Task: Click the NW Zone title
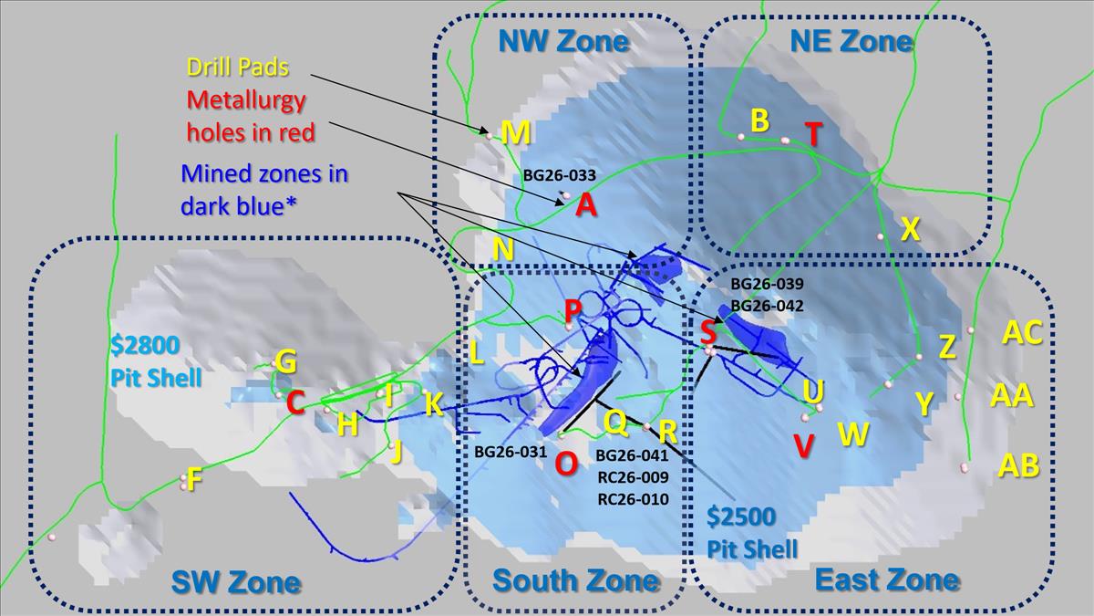563,41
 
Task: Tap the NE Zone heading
851,41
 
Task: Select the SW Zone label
236,582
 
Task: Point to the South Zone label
576,580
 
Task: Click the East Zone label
887,580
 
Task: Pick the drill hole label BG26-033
560,175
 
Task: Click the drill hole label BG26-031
511,452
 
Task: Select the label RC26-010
633,499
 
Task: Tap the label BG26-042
767,306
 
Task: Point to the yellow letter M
516,132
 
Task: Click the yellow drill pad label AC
1022,333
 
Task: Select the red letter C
295,403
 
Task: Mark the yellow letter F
194,479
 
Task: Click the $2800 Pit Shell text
156,361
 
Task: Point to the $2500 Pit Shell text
752,533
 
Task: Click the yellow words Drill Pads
238,67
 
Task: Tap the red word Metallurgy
246,100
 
